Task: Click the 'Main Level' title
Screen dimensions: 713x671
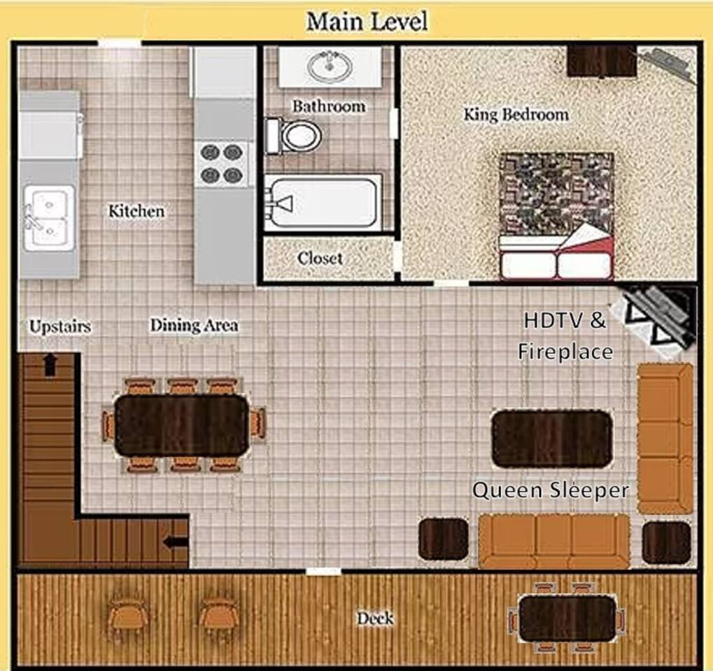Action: click(x=367, y=22)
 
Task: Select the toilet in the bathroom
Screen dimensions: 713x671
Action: click(x=294, y=136)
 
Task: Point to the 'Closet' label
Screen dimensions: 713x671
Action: click(x=320, y=258)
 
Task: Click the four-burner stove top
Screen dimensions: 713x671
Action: click(x=221, y=164)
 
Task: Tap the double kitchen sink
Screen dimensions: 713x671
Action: click(x=49, y=218)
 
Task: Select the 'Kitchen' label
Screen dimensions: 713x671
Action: click(x=136, y=211)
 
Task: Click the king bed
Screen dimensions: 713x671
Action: click(x=556, y=216)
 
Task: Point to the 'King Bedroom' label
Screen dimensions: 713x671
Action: click(x=516, y=114)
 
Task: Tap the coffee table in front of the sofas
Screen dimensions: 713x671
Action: click(x=552, y=438)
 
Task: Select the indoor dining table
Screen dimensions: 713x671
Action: click(x=182, y=425)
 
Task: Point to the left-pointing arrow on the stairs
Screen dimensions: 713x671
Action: click(x=176, y=542)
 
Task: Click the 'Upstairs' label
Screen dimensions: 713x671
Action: click(x=60, y=326)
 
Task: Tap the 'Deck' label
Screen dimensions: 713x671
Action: click(x=375, y=619)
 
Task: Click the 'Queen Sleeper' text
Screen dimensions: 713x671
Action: click(x=551, y=491)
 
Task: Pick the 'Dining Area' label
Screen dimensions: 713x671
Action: click(x=194, y=325)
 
